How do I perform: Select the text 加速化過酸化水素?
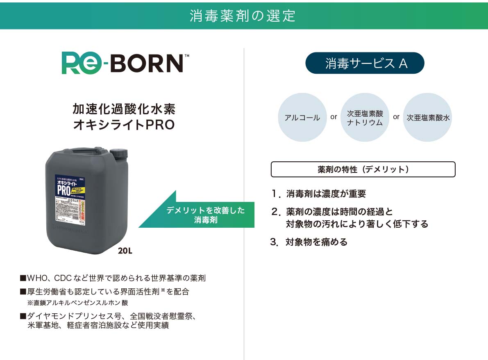coord(124,109)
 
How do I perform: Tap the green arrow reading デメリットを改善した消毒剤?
coord(205,215)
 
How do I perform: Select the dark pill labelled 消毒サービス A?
coord(365,63)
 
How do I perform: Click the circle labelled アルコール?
coord(302,118)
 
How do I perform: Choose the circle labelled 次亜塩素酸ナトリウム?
coord(365,118)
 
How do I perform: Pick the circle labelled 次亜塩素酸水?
coord(428,118)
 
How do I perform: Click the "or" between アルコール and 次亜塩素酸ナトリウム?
coord(334,117)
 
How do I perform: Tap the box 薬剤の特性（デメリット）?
coord(363,169)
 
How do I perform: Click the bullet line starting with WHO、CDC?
coord(113,278)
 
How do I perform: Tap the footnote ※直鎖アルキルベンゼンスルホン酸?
coord(80,303)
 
